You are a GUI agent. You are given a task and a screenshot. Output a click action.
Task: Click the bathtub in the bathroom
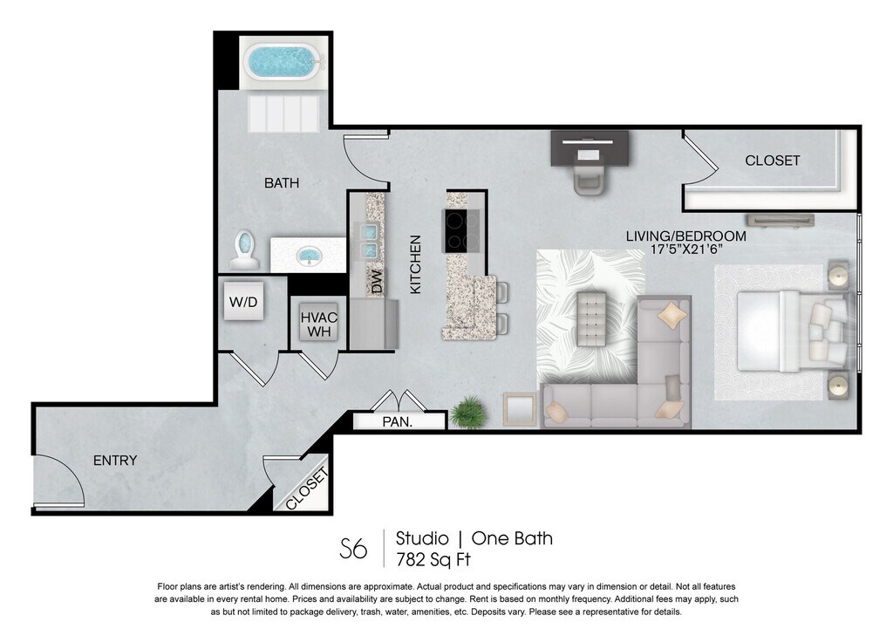283,62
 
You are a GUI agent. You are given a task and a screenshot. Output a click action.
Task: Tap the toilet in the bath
245,250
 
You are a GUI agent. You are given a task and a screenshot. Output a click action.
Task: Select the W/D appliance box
243,301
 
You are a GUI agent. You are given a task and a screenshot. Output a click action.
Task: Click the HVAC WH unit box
319,325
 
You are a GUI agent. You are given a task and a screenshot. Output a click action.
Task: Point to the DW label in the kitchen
377,282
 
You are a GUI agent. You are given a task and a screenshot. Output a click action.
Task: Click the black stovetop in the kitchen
461,230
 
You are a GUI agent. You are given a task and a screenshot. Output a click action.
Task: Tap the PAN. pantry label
398,422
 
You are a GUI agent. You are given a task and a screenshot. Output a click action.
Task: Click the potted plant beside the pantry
468,412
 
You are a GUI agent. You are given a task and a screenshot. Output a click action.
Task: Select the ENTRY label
115,461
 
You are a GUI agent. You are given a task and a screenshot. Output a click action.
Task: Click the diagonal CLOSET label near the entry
307,489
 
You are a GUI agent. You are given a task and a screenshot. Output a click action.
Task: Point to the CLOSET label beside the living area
773,161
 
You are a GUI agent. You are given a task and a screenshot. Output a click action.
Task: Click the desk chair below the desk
590,180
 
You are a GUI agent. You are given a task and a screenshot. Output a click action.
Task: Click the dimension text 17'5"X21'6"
686,249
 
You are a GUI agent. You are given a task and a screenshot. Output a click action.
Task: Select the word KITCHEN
416,264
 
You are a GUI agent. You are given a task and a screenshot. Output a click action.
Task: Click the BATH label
282,183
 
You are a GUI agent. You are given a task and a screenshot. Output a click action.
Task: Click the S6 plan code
353,549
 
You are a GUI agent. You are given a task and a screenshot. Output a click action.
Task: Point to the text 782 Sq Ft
433,559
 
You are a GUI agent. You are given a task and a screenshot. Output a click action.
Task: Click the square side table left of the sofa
520,409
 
